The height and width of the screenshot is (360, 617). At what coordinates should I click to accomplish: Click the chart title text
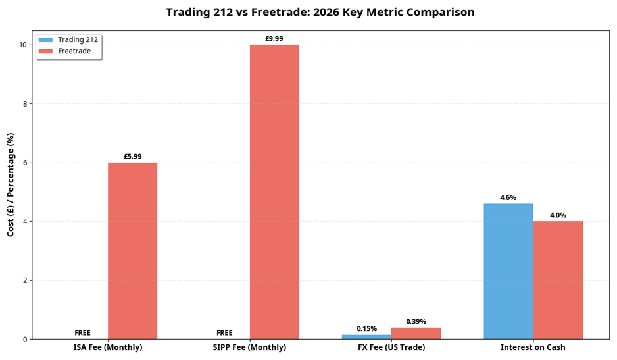click(320, 13)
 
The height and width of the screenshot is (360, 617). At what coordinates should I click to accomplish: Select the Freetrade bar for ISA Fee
click(132, 251)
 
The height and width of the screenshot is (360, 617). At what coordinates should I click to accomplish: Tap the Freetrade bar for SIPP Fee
click(274, 192)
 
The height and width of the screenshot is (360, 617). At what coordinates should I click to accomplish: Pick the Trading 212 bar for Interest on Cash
click(508, 271)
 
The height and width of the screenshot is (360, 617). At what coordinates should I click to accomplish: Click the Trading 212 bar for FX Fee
click(366, 337)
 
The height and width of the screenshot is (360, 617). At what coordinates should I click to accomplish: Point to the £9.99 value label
click(274, 39)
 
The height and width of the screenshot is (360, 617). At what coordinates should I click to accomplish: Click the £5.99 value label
click(132, 157)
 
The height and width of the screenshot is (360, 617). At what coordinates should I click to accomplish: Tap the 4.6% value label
click(508, 197)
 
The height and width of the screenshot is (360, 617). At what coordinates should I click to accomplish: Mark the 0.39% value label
click(416, 322)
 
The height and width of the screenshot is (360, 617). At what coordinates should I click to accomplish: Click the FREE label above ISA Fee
click(83, 333)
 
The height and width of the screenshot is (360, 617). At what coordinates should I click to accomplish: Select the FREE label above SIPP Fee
click(224, 333)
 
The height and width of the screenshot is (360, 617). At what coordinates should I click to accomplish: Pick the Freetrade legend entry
click(74, 51)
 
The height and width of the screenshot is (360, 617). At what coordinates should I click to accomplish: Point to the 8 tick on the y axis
click(24, 104)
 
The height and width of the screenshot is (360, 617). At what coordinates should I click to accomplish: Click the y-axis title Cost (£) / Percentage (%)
click(11, 185)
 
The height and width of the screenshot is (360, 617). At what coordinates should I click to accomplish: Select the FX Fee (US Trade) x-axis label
click(391, 347)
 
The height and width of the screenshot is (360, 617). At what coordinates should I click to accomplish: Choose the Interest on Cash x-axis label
click(533, 347)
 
